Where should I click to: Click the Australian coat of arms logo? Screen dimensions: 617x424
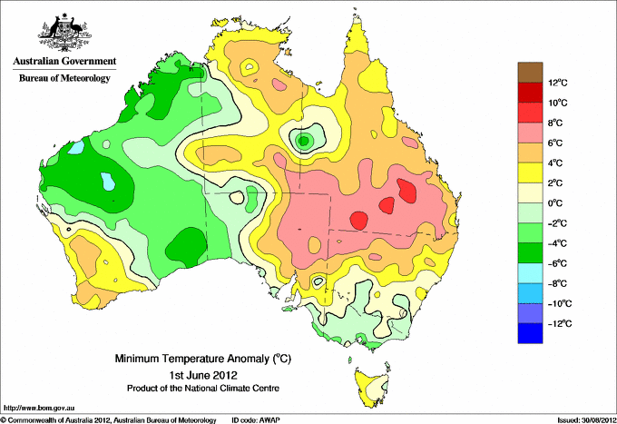click(x=64, y=33)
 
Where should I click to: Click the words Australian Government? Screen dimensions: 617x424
click(x=64, y=61)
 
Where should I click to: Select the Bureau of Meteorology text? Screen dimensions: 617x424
click(x=64, y=78)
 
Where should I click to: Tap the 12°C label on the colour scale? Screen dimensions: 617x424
click(x=558, y=83)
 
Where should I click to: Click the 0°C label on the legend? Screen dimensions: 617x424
click(x=555, y=203)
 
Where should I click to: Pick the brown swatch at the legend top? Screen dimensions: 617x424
click(x=530, y=72)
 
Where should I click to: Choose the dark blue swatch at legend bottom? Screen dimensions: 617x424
click(x=530, y=333)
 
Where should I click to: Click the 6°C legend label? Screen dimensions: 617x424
click(x=555, y=143)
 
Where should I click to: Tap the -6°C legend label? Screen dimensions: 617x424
click(x=557, y=263)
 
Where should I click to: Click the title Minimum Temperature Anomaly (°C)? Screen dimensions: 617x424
click(x=203, y=359)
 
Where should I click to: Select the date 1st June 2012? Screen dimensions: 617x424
click(x=203, y=374)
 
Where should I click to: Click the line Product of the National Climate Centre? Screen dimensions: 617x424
click(x=203, y=389)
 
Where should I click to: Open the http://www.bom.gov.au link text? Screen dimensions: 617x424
click(x=39, y=409)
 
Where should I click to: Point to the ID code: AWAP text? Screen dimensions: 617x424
click(x=256, y=420)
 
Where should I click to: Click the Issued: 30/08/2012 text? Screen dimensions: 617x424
click(x=587, y=420)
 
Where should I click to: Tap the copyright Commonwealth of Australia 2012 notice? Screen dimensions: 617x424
click(x=109, y=420)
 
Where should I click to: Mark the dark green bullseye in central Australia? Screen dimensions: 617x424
click(x=304, y=140)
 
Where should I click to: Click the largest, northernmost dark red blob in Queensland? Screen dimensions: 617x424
click(x=407, y=191)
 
